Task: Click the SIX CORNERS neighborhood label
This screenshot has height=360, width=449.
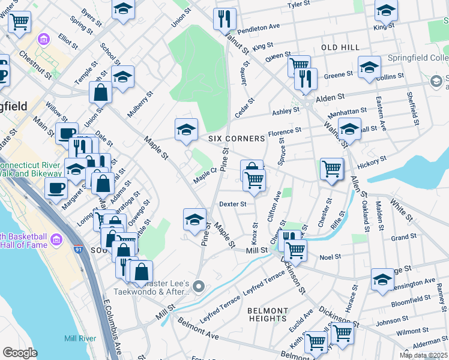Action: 237,139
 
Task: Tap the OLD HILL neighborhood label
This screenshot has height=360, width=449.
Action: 340,47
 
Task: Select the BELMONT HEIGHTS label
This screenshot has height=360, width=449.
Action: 268,315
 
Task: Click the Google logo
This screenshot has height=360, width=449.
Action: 20,353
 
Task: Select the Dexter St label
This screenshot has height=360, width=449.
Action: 232,204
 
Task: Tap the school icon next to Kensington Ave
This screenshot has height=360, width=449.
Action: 382,279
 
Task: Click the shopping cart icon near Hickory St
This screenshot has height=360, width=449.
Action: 331,169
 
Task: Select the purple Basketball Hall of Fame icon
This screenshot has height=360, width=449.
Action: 57,240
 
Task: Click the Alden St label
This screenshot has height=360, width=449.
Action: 330,96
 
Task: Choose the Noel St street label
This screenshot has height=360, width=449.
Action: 330,256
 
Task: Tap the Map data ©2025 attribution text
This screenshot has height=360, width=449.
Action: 423,355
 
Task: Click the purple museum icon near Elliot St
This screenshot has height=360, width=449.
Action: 43,40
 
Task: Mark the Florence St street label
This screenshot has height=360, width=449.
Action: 284,131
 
